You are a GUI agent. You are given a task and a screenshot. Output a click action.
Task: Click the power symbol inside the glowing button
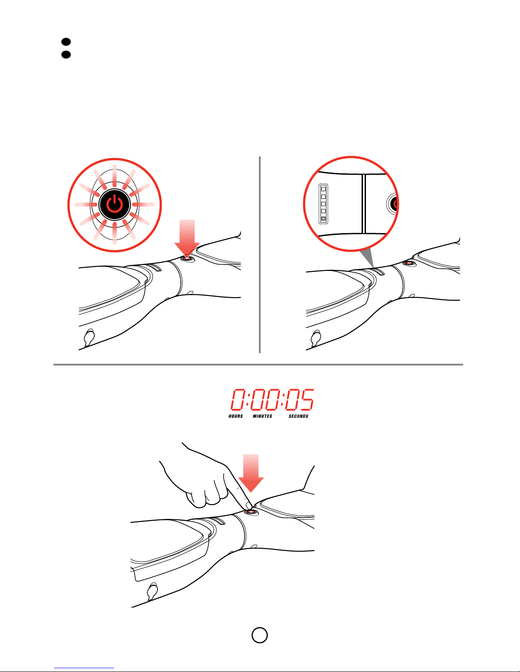click(115, 204)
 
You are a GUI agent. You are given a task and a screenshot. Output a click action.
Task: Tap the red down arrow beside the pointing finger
click(251, 473)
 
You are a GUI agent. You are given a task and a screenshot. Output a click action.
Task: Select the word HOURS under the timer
click(236, 416)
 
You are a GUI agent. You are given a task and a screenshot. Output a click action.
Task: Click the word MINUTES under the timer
click(262, 416)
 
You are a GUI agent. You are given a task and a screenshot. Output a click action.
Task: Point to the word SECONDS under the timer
click(298, 416)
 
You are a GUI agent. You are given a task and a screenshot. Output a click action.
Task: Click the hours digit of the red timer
click(238, 399)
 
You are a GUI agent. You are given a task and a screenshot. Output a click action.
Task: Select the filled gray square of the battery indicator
click(323, 219)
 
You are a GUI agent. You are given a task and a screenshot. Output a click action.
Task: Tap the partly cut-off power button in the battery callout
click(393, 204)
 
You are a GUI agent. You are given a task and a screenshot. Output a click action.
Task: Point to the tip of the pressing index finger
click(249, 506)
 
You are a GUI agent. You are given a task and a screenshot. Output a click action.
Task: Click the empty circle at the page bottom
click(260, 635)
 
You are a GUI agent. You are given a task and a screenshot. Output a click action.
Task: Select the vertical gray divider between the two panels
click(260, 254)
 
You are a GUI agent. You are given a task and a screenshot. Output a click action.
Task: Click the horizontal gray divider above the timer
click(258, 365)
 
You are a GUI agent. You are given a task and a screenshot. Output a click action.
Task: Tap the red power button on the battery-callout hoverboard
click(409, 263)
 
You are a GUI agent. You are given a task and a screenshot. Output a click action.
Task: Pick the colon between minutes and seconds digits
click(283, 399)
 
